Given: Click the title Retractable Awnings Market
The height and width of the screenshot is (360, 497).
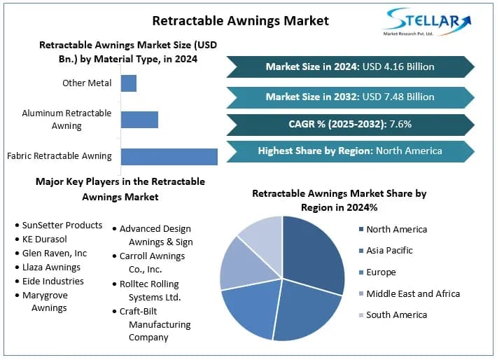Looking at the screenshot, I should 240,20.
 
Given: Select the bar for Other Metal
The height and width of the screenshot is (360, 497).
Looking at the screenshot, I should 129,83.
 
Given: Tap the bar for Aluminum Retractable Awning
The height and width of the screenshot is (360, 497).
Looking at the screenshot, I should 139,119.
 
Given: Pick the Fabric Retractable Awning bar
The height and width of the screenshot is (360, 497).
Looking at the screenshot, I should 169,155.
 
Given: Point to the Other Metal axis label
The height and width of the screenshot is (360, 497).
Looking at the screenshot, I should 87,83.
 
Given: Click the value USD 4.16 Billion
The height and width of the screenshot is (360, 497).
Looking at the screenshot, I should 403,67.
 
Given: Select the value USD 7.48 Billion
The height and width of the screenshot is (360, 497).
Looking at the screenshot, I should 403,97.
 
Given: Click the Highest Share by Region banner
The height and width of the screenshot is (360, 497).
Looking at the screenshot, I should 350,151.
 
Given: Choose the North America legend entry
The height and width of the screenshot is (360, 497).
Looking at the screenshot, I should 396,229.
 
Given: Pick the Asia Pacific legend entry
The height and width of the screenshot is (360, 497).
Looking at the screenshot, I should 389,250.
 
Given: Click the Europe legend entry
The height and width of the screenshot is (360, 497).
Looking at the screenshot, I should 381,272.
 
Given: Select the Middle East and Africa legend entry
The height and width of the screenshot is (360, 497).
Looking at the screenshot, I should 413,293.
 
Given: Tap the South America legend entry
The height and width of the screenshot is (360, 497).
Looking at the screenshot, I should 396,315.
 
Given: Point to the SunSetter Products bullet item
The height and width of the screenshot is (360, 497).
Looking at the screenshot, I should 62,226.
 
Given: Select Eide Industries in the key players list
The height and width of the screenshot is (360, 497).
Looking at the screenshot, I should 52,281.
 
